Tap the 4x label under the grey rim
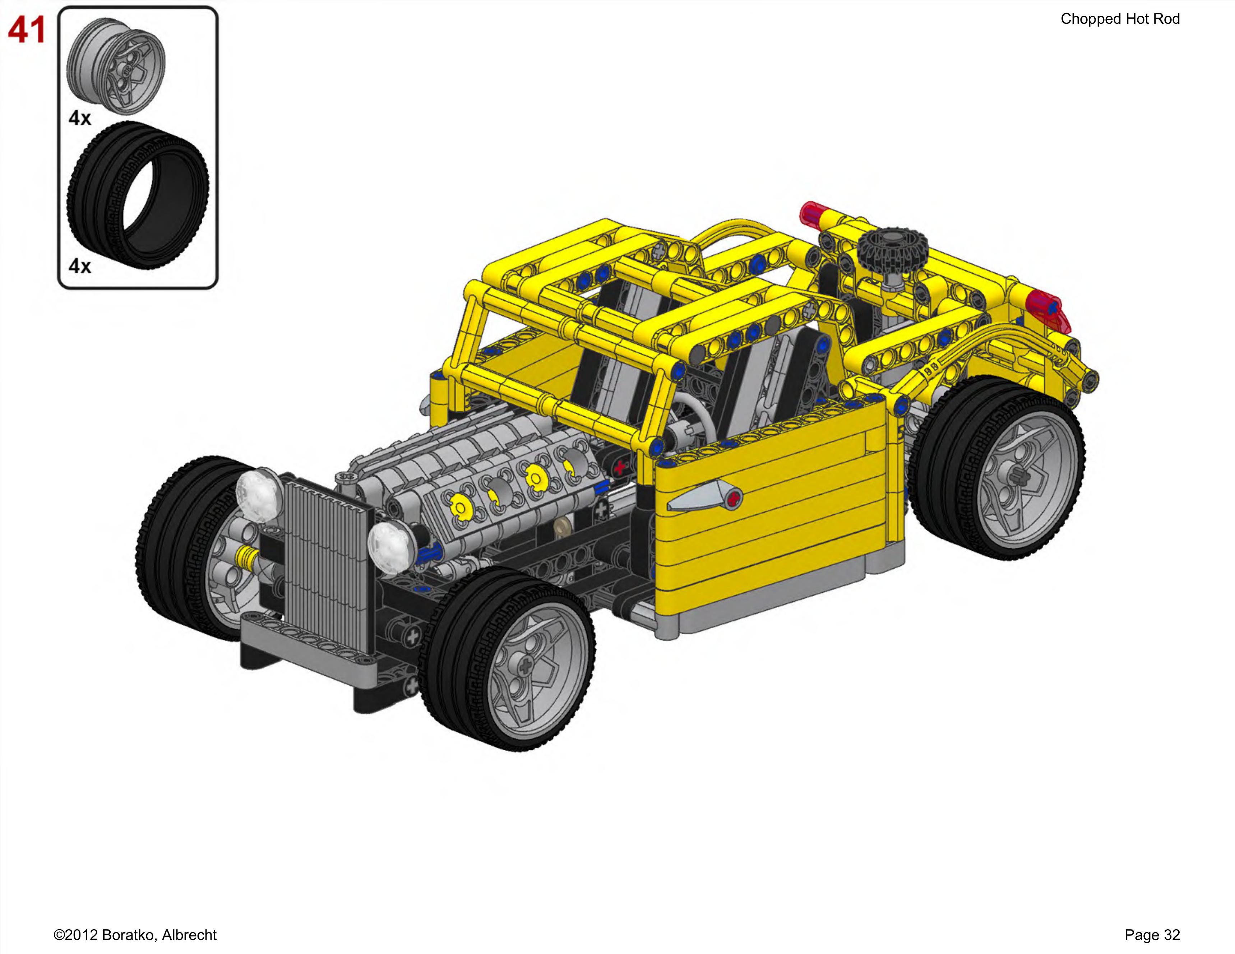tap(80, 118)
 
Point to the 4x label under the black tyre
tap(80, 266)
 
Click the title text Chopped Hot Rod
tap(1120, 19)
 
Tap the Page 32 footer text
tap(1152, 935)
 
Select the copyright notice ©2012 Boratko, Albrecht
tap(135, 935)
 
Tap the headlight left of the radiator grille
tap(258, 492)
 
